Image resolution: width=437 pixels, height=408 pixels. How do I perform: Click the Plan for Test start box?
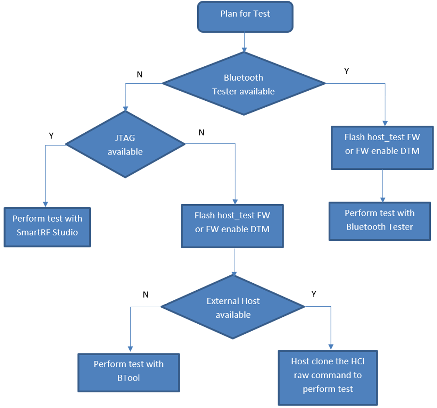point(245,17)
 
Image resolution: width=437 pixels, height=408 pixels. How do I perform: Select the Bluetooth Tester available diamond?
point(243,84)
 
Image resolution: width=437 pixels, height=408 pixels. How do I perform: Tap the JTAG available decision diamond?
point(125,144)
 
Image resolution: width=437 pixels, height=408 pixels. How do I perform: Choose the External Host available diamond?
point(233,307)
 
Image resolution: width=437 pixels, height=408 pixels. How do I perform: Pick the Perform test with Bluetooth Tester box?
point(379,221)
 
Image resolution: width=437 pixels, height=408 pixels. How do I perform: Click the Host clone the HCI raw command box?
point(328,377)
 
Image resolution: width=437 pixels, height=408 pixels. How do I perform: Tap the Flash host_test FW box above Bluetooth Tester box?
point(382,147)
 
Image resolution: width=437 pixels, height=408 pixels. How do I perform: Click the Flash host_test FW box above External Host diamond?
point(232,226)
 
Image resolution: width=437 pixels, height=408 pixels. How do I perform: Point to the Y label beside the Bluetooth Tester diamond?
point(347,71)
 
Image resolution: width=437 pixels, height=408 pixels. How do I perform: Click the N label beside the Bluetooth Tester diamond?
point(139,75)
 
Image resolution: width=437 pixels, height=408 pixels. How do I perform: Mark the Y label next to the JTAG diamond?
point(51,136)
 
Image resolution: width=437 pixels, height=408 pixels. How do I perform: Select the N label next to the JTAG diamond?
point(201,133)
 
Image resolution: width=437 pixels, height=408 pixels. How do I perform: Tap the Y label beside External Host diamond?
point(314,294)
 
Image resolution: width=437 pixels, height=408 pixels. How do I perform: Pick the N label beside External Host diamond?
point(146,295)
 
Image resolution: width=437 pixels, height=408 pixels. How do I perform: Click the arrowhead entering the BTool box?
point(130,349)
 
